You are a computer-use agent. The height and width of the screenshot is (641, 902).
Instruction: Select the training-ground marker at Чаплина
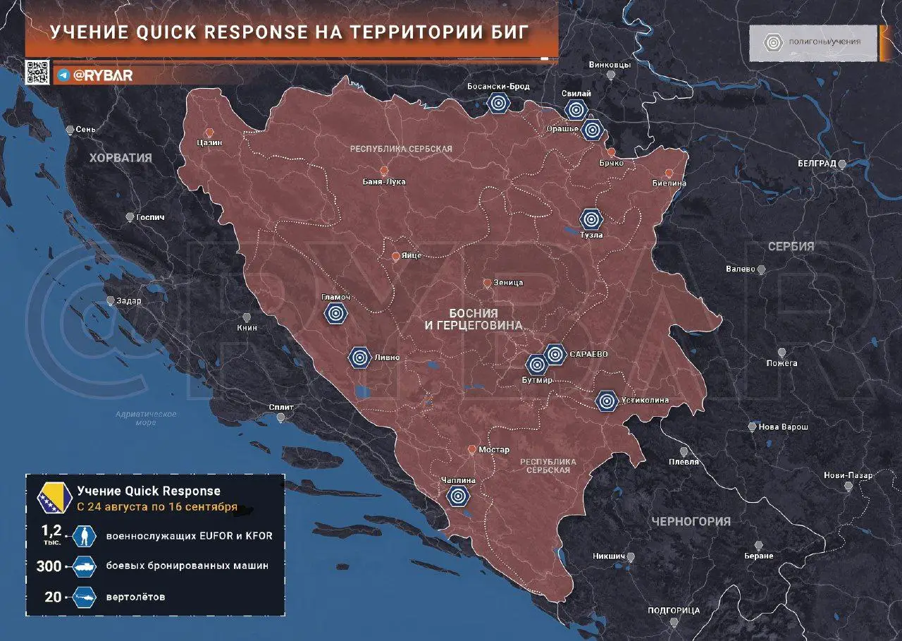[x=459, y=496]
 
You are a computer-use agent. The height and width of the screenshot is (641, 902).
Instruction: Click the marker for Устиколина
[x=606, y=401]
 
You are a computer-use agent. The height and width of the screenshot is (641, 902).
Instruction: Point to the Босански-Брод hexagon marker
[x=498, y=104]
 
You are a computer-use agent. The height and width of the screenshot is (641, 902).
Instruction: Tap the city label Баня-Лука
[x=384, y=182]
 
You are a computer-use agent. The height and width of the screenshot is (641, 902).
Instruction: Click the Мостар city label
[x=493, y=450]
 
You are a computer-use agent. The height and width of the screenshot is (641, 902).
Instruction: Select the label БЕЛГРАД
[x=817, y=164]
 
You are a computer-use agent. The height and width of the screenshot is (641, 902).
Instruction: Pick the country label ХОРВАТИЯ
[x=121, y=158]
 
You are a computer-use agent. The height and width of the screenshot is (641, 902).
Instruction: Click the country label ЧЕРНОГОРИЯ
[x=691, y=522]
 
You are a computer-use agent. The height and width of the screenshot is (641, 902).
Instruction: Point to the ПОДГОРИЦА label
[x=674, y=611]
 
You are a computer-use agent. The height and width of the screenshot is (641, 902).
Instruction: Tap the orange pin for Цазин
[x=209, y=132]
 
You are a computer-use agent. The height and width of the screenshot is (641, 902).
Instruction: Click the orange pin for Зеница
[x=487, y=283]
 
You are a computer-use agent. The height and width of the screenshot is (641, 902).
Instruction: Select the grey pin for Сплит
[x=281, y=417]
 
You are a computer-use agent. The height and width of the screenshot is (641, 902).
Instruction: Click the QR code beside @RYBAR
[x=37, y=73]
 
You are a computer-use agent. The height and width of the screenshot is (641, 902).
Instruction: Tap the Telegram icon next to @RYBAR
[x=63, y=75]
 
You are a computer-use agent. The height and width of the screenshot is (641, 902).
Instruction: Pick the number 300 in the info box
[x=48, y=566]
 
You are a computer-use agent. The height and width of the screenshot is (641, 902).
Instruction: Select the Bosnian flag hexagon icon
[x=54, y=498]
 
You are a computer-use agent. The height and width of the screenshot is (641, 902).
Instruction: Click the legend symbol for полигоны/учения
[x=774, y=42]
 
